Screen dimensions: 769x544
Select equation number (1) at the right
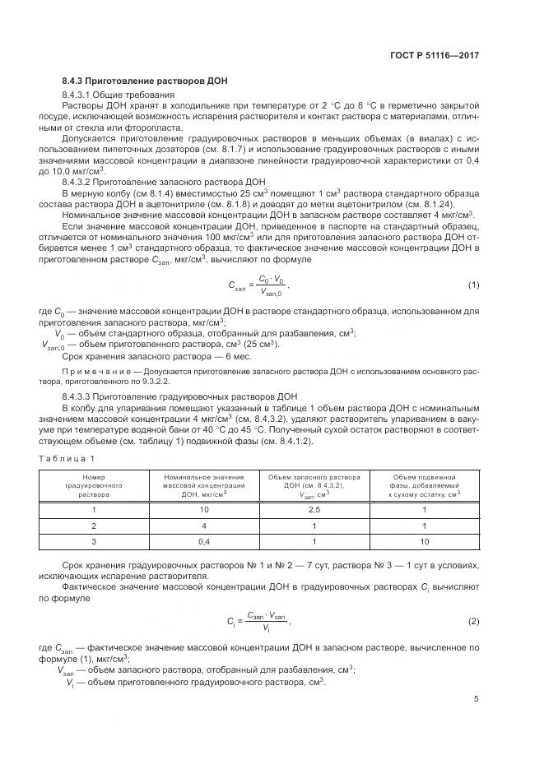coord(473,285)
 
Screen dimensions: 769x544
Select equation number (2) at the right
coord(473,620)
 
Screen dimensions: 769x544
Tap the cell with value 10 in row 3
coord(425,541)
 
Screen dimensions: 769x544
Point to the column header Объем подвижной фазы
coord(425,486)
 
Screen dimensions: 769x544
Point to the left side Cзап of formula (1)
coord(239,285)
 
